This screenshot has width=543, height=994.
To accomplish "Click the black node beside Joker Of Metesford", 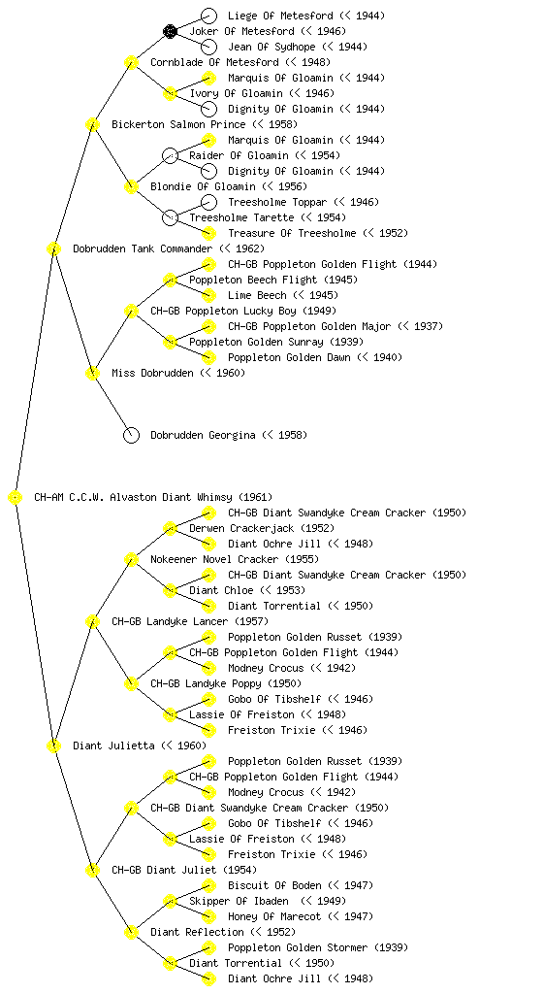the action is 170,31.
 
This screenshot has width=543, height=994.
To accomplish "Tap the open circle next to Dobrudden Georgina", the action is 131,435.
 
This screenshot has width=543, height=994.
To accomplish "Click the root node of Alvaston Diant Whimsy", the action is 16,498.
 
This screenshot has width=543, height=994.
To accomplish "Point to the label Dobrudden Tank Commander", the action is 143,249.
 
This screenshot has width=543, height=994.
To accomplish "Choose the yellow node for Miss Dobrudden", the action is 92,374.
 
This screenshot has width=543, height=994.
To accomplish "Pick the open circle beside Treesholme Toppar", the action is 208,202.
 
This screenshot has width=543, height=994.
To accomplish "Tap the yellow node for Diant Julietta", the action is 53,746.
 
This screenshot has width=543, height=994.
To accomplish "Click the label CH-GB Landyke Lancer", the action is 170,622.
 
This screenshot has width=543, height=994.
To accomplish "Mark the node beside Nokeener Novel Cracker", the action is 131,560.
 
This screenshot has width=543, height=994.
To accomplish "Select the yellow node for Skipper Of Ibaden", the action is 170,902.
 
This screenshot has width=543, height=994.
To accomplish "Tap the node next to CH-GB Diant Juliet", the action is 92,871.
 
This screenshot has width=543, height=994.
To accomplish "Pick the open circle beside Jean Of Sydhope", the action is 208,47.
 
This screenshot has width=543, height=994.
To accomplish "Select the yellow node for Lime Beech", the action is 208,295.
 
